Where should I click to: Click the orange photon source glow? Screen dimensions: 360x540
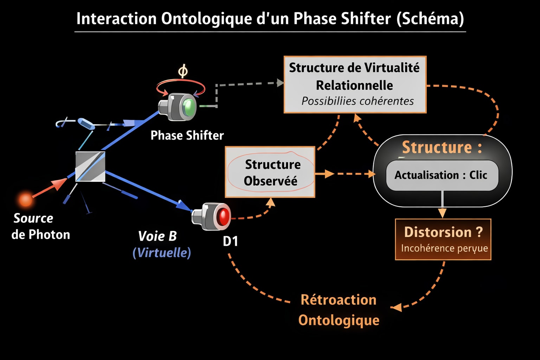(x=25, y=199)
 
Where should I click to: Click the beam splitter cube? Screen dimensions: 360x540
(x=90, y=166)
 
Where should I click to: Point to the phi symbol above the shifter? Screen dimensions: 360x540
(x=183, y=71)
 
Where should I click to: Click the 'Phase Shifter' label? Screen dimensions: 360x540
(x=187, y=135)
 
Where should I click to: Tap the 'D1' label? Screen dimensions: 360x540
(x=230, y=241)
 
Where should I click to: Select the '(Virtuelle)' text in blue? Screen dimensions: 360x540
(x=162, y=252)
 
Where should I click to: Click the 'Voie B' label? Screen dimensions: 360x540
(x=157, y=236)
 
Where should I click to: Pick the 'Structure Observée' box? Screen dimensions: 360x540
(x=270, y=172)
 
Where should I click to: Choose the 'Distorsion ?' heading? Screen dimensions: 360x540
(x=443, y=232)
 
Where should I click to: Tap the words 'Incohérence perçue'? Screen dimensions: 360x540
(x=444, y=248)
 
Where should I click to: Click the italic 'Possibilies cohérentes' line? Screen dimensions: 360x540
(x=358, y=101)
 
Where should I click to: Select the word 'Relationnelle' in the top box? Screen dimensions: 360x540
(x=354, y=85)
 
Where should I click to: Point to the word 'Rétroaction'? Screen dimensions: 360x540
(x=339, y=300)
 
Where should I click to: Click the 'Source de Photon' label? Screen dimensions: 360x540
(x=40, y=226)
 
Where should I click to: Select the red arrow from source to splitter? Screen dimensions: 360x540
(x=50, y=187)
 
